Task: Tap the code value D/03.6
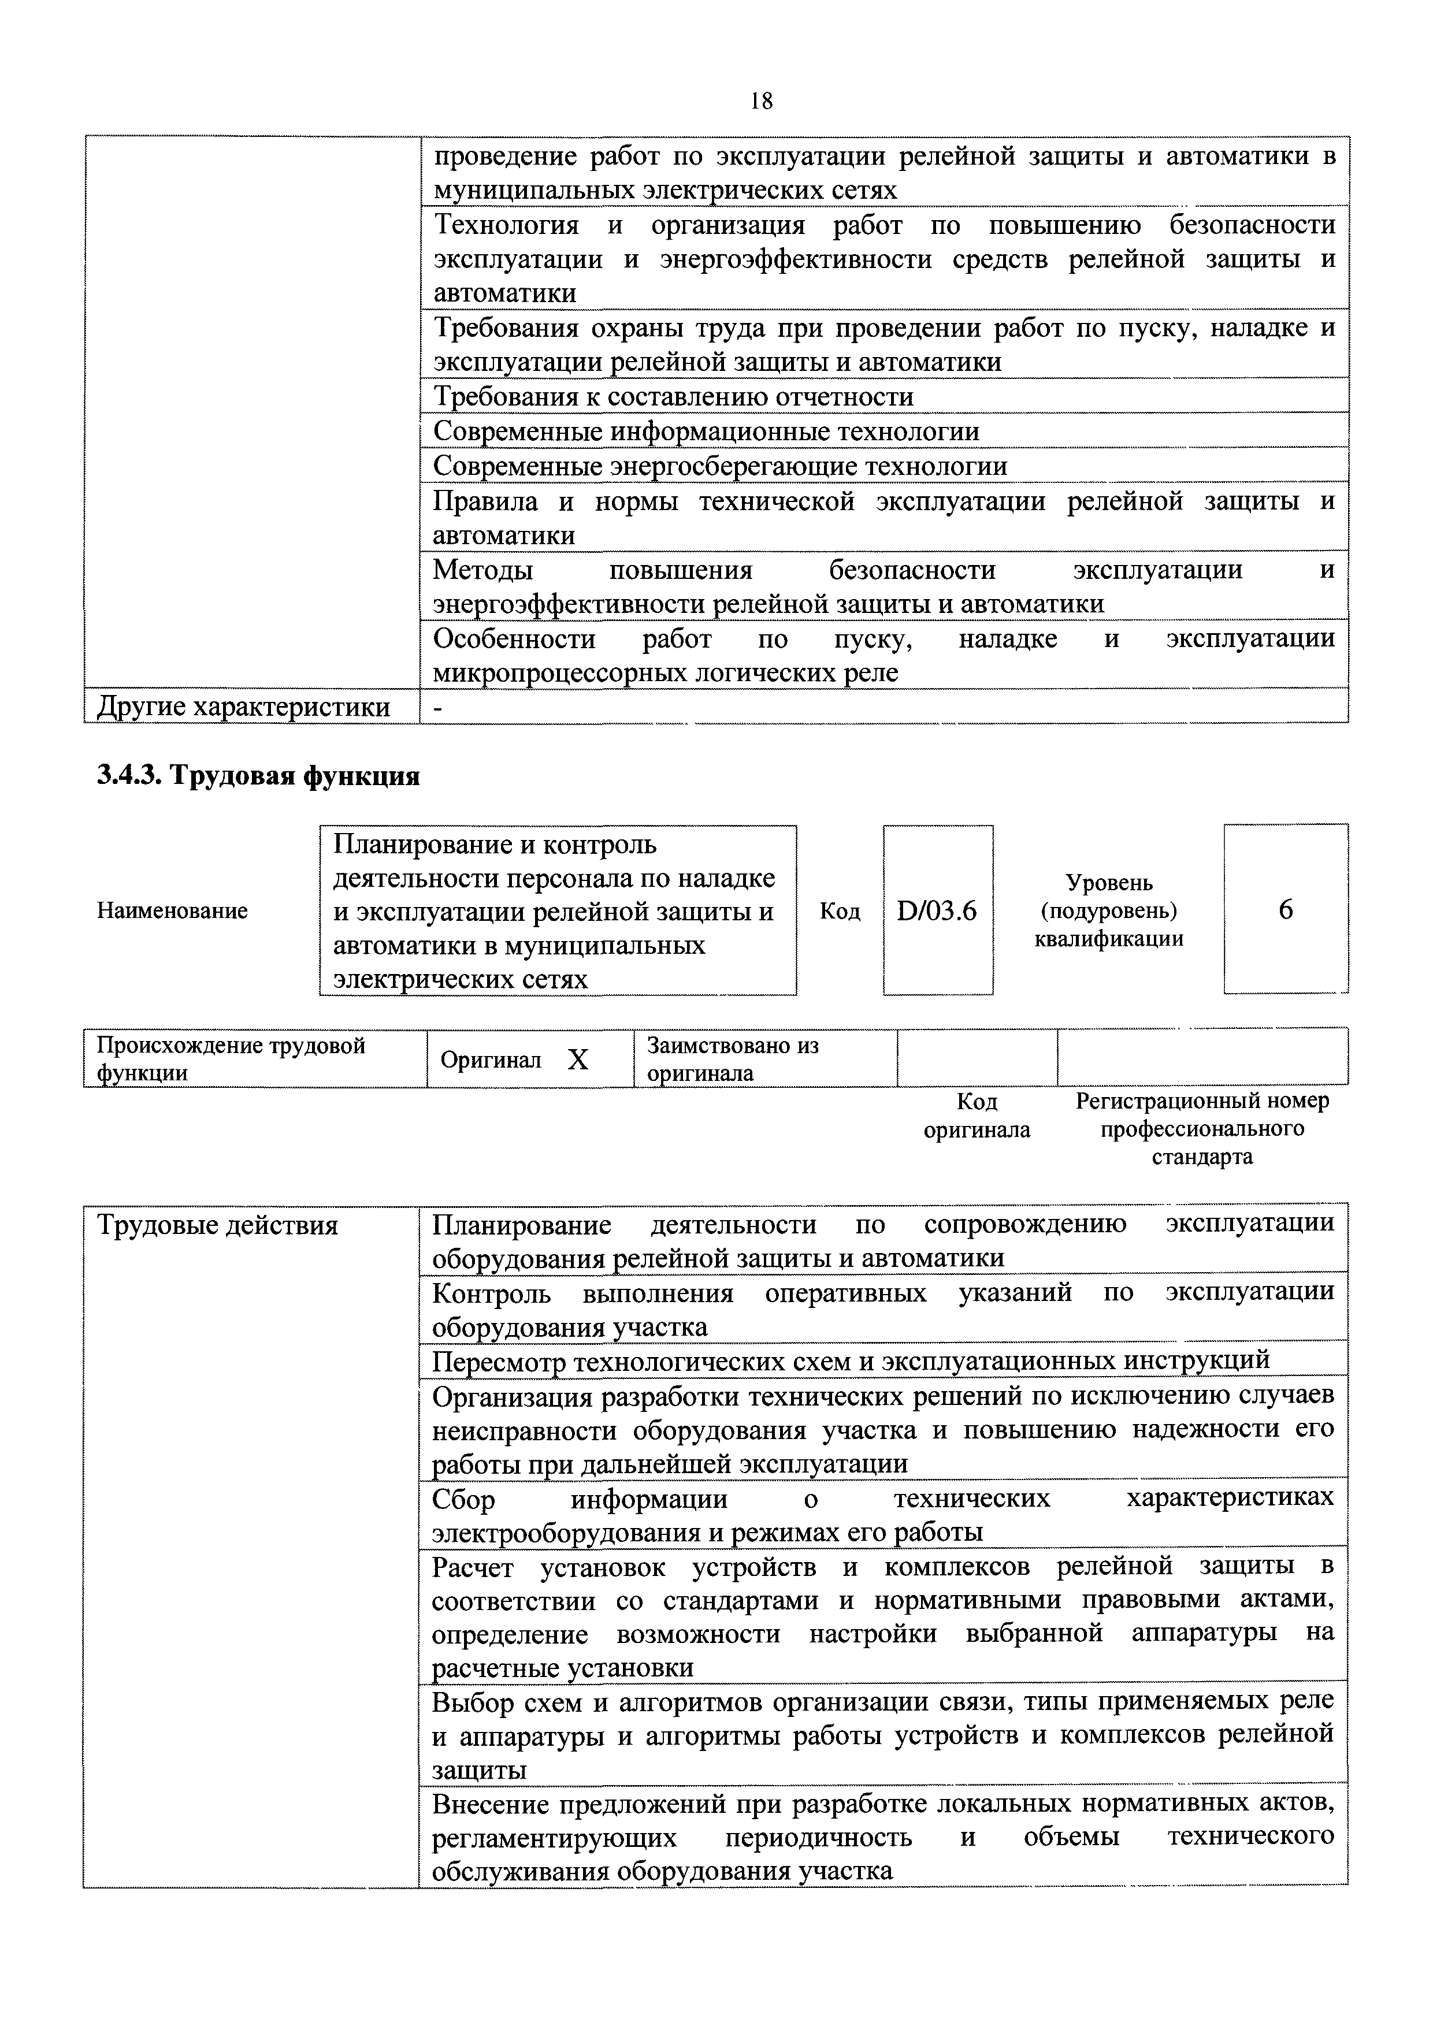(937, 910)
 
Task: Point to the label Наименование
(172, 910)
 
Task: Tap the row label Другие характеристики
(243, 707)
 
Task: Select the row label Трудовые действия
(217, 1226)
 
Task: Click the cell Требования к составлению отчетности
(673, 397)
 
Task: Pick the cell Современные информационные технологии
(706, 432)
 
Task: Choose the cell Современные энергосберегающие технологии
(720, 466)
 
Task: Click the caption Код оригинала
(977, 1116)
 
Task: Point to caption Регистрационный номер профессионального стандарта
(1202, 1129)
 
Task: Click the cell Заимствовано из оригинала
(732, 1059)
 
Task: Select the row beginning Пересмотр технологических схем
(851, 1360)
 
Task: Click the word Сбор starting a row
(463, 1499)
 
